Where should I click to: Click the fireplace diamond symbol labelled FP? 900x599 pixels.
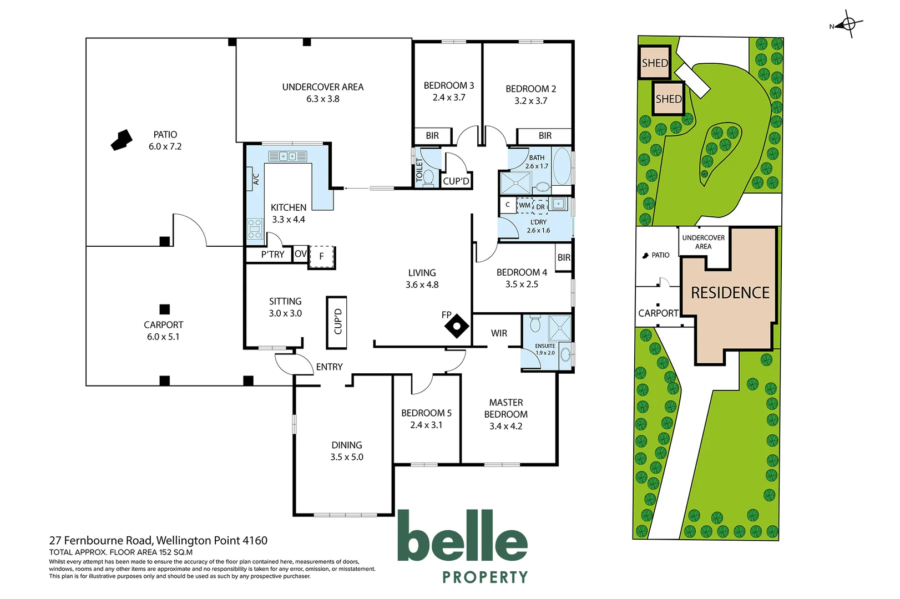457,326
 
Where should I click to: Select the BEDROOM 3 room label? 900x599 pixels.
448,85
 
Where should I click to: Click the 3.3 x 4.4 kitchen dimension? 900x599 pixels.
289,220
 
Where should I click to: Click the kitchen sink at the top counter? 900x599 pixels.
287,156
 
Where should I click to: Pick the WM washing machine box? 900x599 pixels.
524,206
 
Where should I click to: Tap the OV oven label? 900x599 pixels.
300,254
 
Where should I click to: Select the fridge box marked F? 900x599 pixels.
322,257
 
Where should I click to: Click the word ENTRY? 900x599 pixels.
329,367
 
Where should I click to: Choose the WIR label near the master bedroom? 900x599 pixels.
499,333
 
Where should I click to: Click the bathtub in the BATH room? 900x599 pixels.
562,166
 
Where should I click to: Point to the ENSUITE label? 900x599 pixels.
545,346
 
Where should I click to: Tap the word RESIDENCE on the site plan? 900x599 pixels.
730,293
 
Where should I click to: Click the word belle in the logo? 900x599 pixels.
462,536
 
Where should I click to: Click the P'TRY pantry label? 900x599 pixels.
272,255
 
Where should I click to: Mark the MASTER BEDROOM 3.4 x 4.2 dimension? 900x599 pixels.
505,427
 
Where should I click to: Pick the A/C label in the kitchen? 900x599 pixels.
256,179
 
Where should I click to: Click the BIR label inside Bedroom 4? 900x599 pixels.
564,258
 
